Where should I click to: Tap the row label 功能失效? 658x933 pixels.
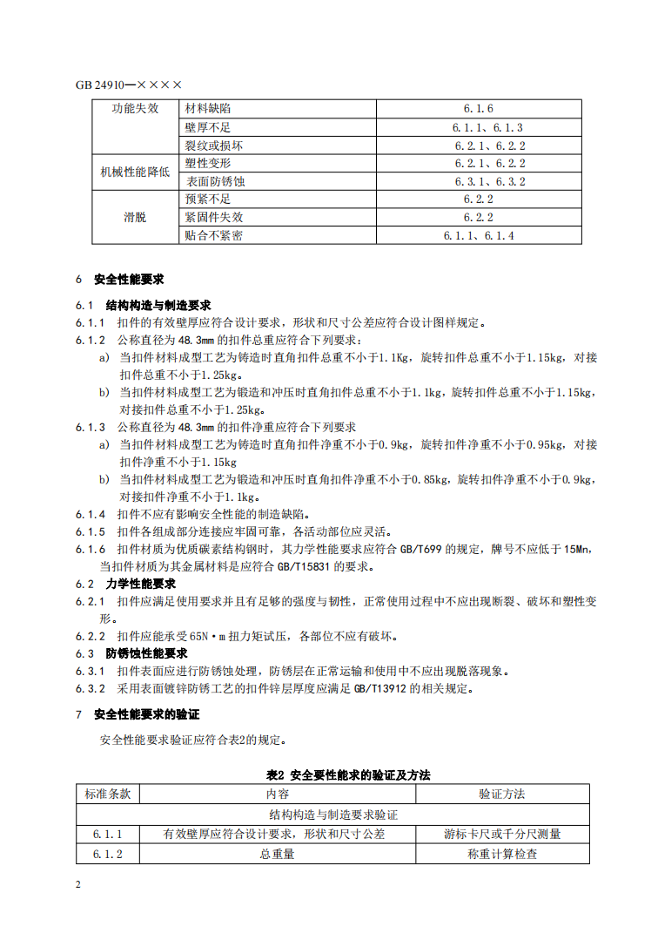[135, 109]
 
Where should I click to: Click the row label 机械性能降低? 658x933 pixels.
[135, 172]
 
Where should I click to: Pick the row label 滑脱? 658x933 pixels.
[135, 217]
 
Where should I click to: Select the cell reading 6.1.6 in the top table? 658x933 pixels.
[479, 109]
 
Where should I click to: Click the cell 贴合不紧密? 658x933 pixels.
[213, 235]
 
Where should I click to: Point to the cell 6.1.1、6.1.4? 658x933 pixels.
[479, 235]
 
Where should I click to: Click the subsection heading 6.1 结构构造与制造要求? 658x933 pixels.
[144, 306]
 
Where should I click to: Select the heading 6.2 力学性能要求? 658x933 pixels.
[125, 583]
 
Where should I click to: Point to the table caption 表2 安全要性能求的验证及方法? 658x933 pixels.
[348, 774]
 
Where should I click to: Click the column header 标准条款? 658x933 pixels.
[108, 794]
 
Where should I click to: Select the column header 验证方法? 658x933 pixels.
[502, 794]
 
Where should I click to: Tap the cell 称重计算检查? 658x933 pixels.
[502, 855]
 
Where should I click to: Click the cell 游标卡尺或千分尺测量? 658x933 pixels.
[502, 834]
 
